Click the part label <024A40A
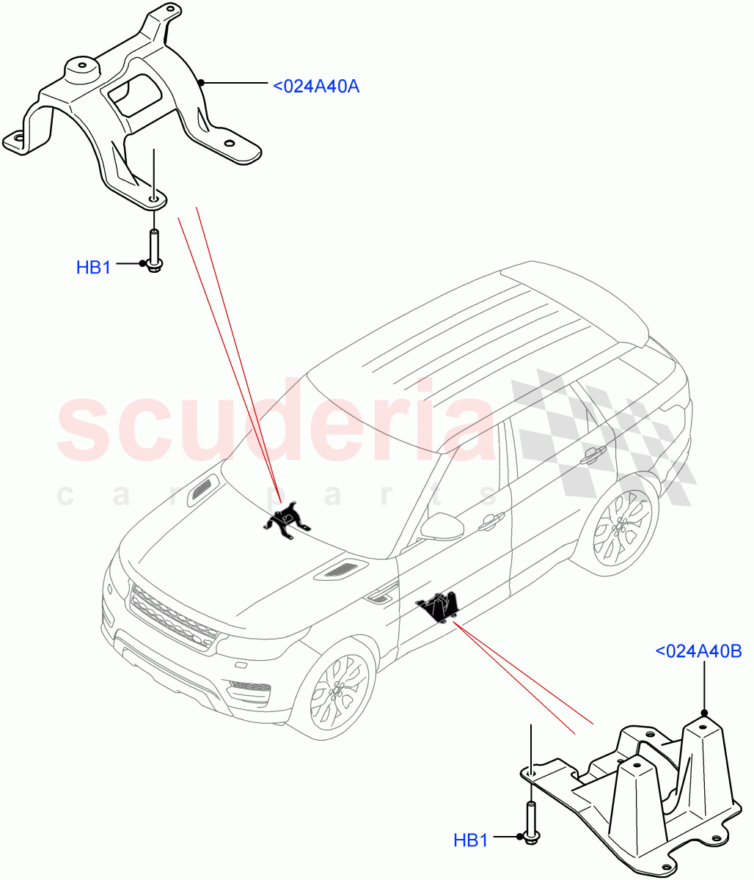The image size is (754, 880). click(315, 86)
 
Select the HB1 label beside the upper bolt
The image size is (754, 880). click(93, 268)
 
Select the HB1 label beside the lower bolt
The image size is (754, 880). click(470, 840)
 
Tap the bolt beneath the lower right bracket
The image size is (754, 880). click(530, 821)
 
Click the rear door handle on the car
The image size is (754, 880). click(591, 455)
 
